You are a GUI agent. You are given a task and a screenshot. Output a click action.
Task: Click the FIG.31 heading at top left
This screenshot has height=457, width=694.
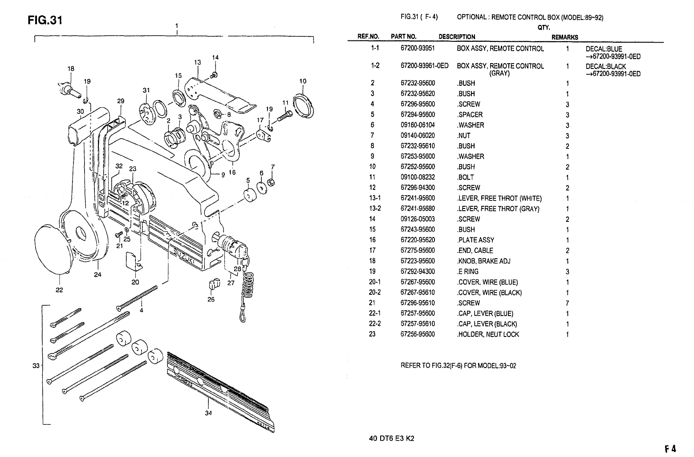tap(45, 21)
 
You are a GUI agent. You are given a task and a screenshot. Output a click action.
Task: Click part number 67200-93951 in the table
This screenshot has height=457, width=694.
tap(418, 48)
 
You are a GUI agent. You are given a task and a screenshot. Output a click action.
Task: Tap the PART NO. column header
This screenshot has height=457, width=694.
tap(404, 37)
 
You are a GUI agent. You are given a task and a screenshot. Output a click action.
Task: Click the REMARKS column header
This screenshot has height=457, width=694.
tap(564, 37)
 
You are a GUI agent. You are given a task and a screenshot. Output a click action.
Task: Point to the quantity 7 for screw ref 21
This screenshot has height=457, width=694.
tap(568, 303)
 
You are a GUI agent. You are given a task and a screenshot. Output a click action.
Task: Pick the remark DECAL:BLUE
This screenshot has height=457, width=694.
tap(604, 49)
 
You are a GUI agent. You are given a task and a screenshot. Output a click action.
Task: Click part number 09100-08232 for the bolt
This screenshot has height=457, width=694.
tap(418, 177)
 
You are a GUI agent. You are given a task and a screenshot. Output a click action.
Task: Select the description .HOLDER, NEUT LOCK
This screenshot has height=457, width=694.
tap(488, 334)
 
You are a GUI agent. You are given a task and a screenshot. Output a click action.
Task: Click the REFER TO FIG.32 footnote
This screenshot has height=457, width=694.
tap(459, 366)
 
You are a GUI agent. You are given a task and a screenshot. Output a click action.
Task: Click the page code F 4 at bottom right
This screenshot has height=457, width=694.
tap(670, 449)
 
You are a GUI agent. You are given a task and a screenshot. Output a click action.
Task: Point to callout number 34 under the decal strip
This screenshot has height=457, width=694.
tap(208, 413)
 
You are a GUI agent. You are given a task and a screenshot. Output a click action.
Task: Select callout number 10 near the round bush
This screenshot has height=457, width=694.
tap(303, 81)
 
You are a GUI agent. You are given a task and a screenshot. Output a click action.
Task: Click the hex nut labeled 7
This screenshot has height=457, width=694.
tap(272, 182)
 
